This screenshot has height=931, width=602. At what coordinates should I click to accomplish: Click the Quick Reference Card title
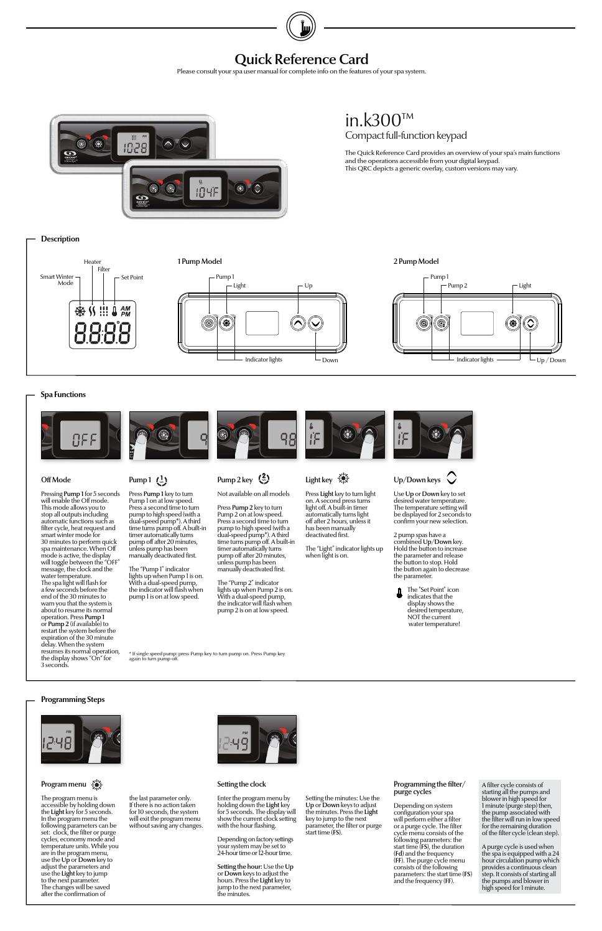[x=301, y=59]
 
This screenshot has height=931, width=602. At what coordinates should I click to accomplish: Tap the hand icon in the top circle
[x=301, y=27]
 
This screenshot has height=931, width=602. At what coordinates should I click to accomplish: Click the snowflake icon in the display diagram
[x=80, y=311]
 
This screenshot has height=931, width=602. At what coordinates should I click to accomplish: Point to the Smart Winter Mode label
[x=57, y=279]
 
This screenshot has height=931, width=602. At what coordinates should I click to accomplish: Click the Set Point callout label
[x=132, y=278]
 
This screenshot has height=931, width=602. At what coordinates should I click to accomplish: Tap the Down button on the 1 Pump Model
[x=316, y=323]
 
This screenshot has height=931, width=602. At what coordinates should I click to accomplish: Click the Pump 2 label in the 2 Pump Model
[x=457, y=286]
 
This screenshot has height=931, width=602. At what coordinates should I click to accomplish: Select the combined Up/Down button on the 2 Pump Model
[x=530, y=323]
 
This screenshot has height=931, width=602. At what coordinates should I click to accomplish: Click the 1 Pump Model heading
[x=200, y=261]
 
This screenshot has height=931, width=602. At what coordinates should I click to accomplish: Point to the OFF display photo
[x=81, y=435]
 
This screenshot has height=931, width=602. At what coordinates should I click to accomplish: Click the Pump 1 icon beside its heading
[x=162, y=480]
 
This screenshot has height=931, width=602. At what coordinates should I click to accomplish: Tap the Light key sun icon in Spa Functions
[x=343, y=479]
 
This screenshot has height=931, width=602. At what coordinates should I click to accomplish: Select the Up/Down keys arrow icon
[x=451, y=478]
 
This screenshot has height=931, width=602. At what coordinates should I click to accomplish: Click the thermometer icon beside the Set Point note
[x=399, y=593]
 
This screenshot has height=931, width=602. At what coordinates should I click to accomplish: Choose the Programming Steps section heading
[x=73, y=699]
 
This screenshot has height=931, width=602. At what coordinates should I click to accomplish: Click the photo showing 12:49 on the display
[x=257, y=739]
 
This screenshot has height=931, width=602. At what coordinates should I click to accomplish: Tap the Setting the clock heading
[x=241, y=784]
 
